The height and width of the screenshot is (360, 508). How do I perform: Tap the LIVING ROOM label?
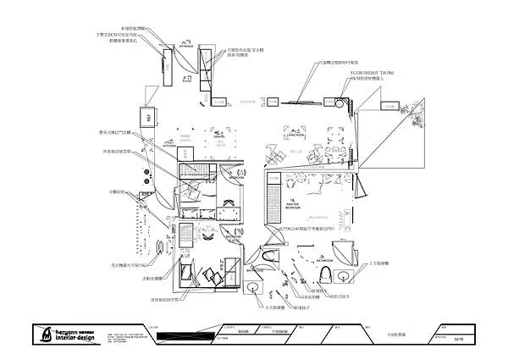[x=295, y=134]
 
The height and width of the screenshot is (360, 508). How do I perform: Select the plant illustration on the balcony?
[x=412, y=119]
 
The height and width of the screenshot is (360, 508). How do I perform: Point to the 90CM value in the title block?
[x=243, y=331]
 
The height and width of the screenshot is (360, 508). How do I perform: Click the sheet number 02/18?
[x=458, y=339]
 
